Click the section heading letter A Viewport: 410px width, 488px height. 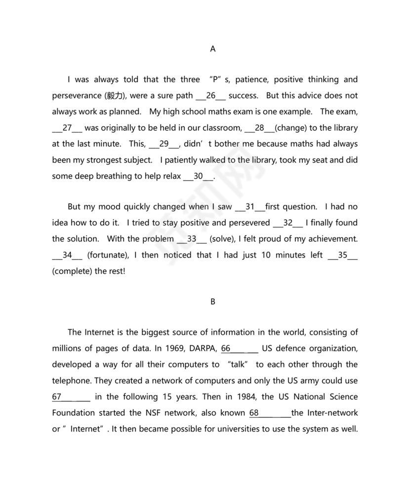213,49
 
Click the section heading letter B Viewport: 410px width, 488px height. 213,301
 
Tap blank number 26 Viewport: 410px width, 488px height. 211,96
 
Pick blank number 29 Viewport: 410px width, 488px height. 164,144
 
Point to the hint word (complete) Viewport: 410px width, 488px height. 73,271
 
